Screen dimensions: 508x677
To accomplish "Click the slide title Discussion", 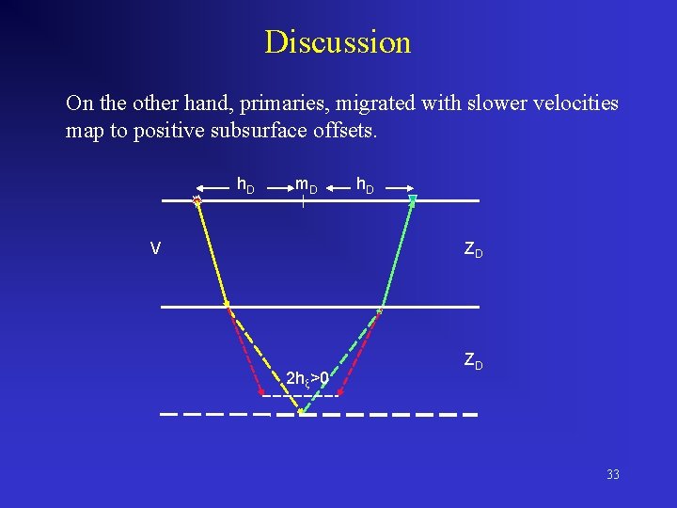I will (338, 42).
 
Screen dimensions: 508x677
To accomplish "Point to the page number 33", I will (613, 475).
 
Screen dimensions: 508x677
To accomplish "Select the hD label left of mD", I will (244, 184).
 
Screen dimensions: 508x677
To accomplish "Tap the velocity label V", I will (155, 248).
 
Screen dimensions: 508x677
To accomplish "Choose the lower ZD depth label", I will (472, 360).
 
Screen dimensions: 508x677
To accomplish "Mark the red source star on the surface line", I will (197, 199).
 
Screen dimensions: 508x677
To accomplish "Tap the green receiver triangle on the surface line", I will (412, 198).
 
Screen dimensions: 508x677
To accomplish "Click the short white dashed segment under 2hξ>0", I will (299, 396).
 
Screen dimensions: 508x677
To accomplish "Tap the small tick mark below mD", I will (304, 200).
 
